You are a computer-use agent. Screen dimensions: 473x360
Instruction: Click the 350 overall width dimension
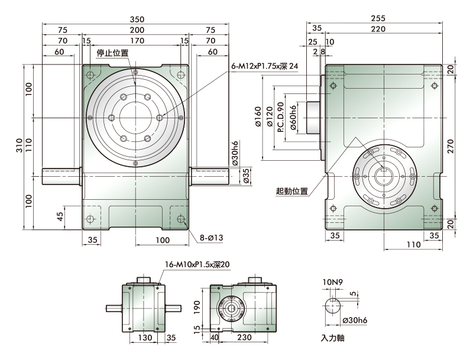[x=137, y=20]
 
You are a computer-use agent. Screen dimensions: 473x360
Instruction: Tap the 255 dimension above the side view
[x=378, y=18]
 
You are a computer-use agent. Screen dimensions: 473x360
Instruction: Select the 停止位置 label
[x=112, y=53]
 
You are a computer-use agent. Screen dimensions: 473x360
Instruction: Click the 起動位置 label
[x=291, y=191]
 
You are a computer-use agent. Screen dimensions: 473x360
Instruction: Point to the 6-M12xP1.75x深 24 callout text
[x=264, y=66]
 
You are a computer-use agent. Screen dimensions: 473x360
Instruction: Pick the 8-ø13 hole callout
[x=211, y=238]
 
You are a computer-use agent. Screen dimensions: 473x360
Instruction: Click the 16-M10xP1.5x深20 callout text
[x=197, y=264]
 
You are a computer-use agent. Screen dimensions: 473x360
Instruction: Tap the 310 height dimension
[x=20, y=145]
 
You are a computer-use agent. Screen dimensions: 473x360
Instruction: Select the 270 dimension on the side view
[x=451, y=147]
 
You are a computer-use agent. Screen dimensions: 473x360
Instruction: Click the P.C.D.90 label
[x=280, y=117]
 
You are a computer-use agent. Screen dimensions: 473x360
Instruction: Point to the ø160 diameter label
[x=258, y=116]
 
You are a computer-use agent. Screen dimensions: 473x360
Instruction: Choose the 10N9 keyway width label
[x=332, y=282]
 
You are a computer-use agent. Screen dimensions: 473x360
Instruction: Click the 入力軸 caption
[x=332, y=338]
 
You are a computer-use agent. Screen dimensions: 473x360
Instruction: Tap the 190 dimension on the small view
[x=197, y=307]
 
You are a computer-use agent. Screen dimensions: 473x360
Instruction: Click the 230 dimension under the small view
[x=244, y=337]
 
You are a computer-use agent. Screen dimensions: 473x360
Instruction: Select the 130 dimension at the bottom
[x=145, y=338]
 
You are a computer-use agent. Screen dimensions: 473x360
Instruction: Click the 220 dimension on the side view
[x=378, y=29]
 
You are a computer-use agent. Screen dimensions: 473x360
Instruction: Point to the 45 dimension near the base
[x=60, y=216]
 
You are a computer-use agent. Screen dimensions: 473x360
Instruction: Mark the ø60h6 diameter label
[x=293, y=118]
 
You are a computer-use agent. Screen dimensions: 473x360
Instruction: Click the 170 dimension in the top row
[x=137, y=41]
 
